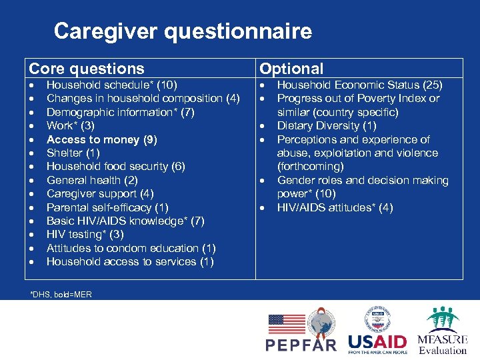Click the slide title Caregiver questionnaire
point(183,31)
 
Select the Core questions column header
point(87,69)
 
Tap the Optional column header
point(291,69)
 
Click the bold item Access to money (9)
point(102,139)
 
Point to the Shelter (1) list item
point(73,153)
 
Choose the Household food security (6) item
point(115,166)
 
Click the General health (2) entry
point(92,180)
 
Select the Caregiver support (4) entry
point(100,193)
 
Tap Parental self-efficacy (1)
point(107,207)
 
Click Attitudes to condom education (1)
point(131,248)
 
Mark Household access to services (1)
point(130,261)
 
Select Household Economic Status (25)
point(359,85)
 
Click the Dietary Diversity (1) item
point(327,125)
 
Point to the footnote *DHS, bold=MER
point(61,294)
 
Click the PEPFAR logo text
point(301,345)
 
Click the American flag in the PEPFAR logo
point(286,324)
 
